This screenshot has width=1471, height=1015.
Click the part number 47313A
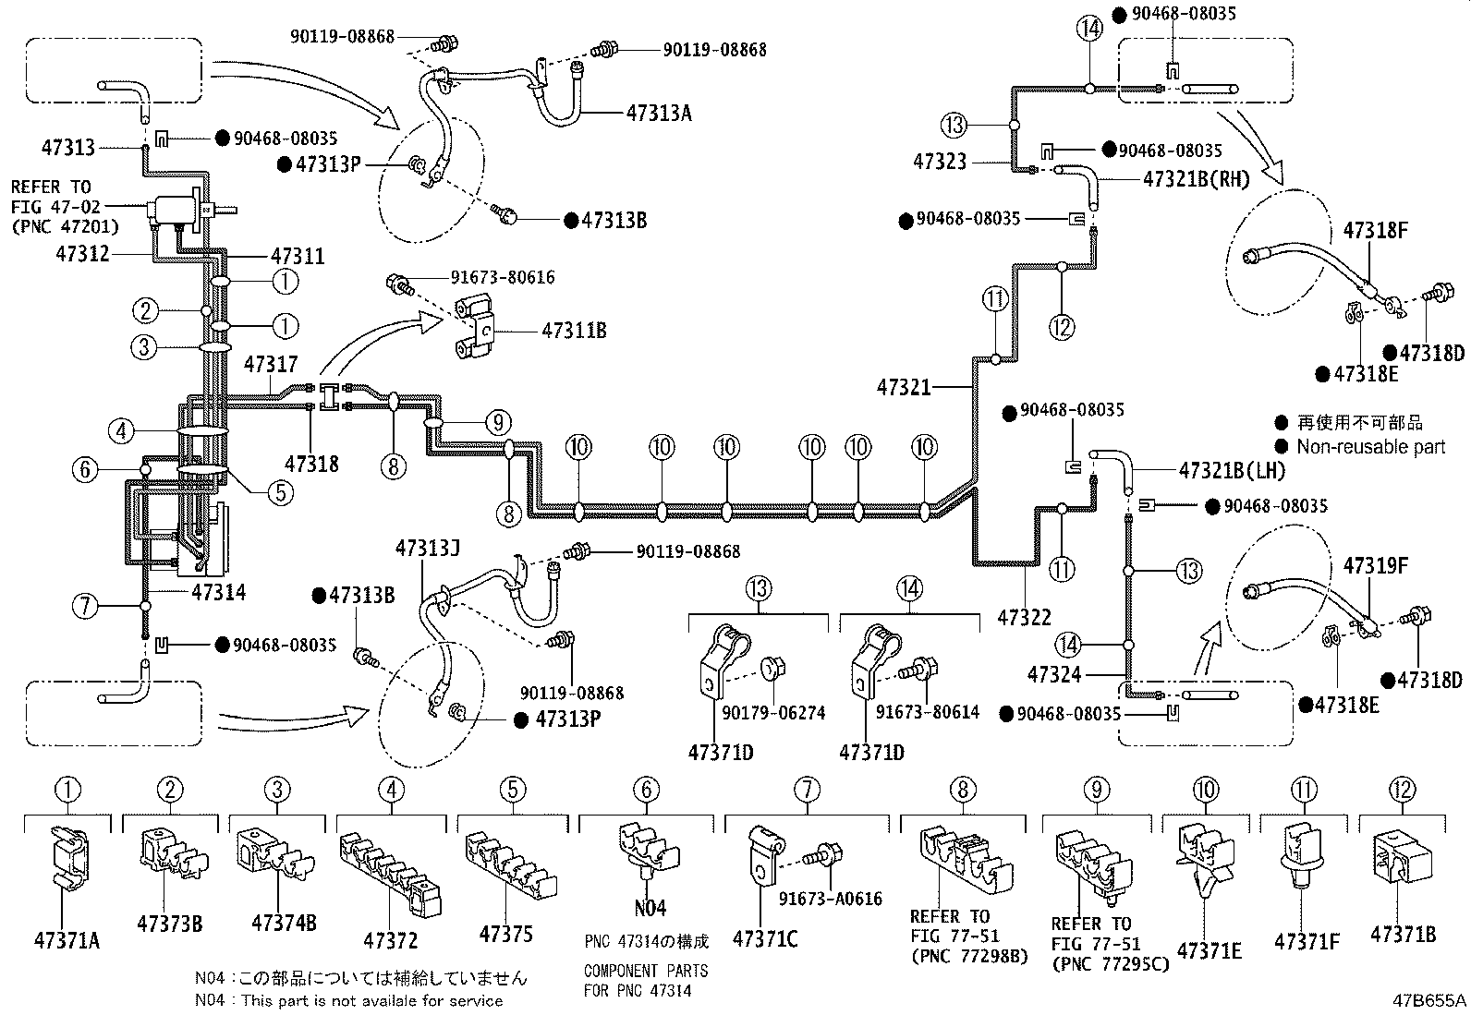659,114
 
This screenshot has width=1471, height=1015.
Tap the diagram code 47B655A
1429,1000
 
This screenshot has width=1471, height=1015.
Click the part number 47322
1024,617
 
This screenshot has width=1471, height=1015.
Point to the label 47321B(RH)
1196,179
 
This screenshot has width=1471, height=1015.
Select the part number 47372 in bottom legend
390,941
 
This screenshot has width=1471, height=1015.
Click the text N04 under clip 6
650,908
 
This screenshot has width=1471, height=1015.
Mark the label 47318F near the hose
1375,231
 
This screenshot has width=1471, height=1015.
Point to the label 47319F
1375,565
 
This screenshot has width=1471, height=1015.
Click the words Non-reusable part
1370,447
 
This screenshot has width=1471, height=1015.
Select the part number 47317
271,365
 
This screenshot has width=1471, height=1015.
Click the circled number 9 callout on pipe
497,423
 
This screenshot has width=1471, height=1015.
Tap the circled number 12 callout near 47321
1062,326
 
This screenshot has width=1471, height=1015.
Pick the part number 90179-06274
773,713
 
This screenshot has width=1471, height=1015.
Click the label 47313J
427,548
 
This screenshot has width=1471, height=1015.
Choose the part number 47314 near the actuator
219,592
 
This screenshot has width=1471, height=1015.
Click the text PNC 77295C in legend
1110,963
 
